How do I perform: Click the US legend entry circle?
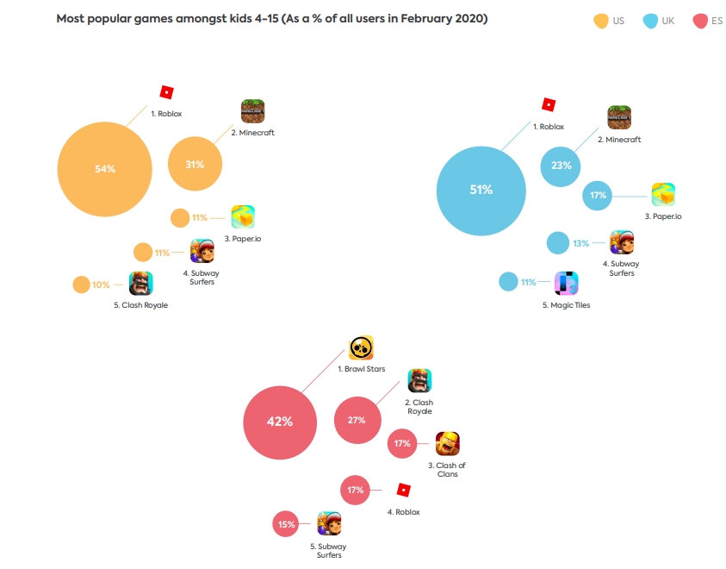pyautogui.click(x=601, y=20)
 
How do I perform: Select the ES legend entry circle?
pyautogui.click(x=700, y=20)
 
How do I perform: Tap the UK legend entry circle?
pyautogui.click(x=651, y=20)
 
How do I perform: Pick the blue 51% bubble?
pyautogui.click(x=481, y=190)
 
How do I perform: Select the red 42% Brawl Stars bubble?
pyautogui.click(x=280, y=422)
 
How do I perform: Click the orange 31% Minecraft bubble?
pyautogui.click(x=195, y=164)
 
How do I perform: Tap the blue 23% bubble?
pyautogui.click(x=562, y=166)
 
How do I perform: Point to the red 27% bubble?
pyautogui.click(x=357, y=420)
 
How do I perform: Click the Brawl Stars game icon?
pyautogui.click(x=361, y=347)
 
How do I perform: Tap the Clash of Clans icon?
pyautogui.click(x=448, y=443)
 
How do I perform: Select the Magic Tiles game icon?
pyautogui.click(x=566, y=283)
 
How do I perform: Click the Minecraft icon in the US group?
pyautogui.click(x=252, y=112)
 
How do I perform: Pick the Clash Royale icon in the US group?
pyautogui.click(x=141, y=283)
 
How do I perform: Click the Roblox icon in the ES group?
pyautogui.click(x=403, y=490)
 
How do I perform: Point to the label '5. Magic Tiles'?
pyautogui.click(x=566, y=305)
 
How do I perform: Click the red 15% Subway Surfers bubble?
pyautogui.click(x=286, y=523)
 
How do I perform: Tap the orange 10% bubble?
pyautogui.click(x=81, y=284)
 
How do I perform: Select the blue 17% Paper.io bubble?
pyautogui.click(x=597, y=196)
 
